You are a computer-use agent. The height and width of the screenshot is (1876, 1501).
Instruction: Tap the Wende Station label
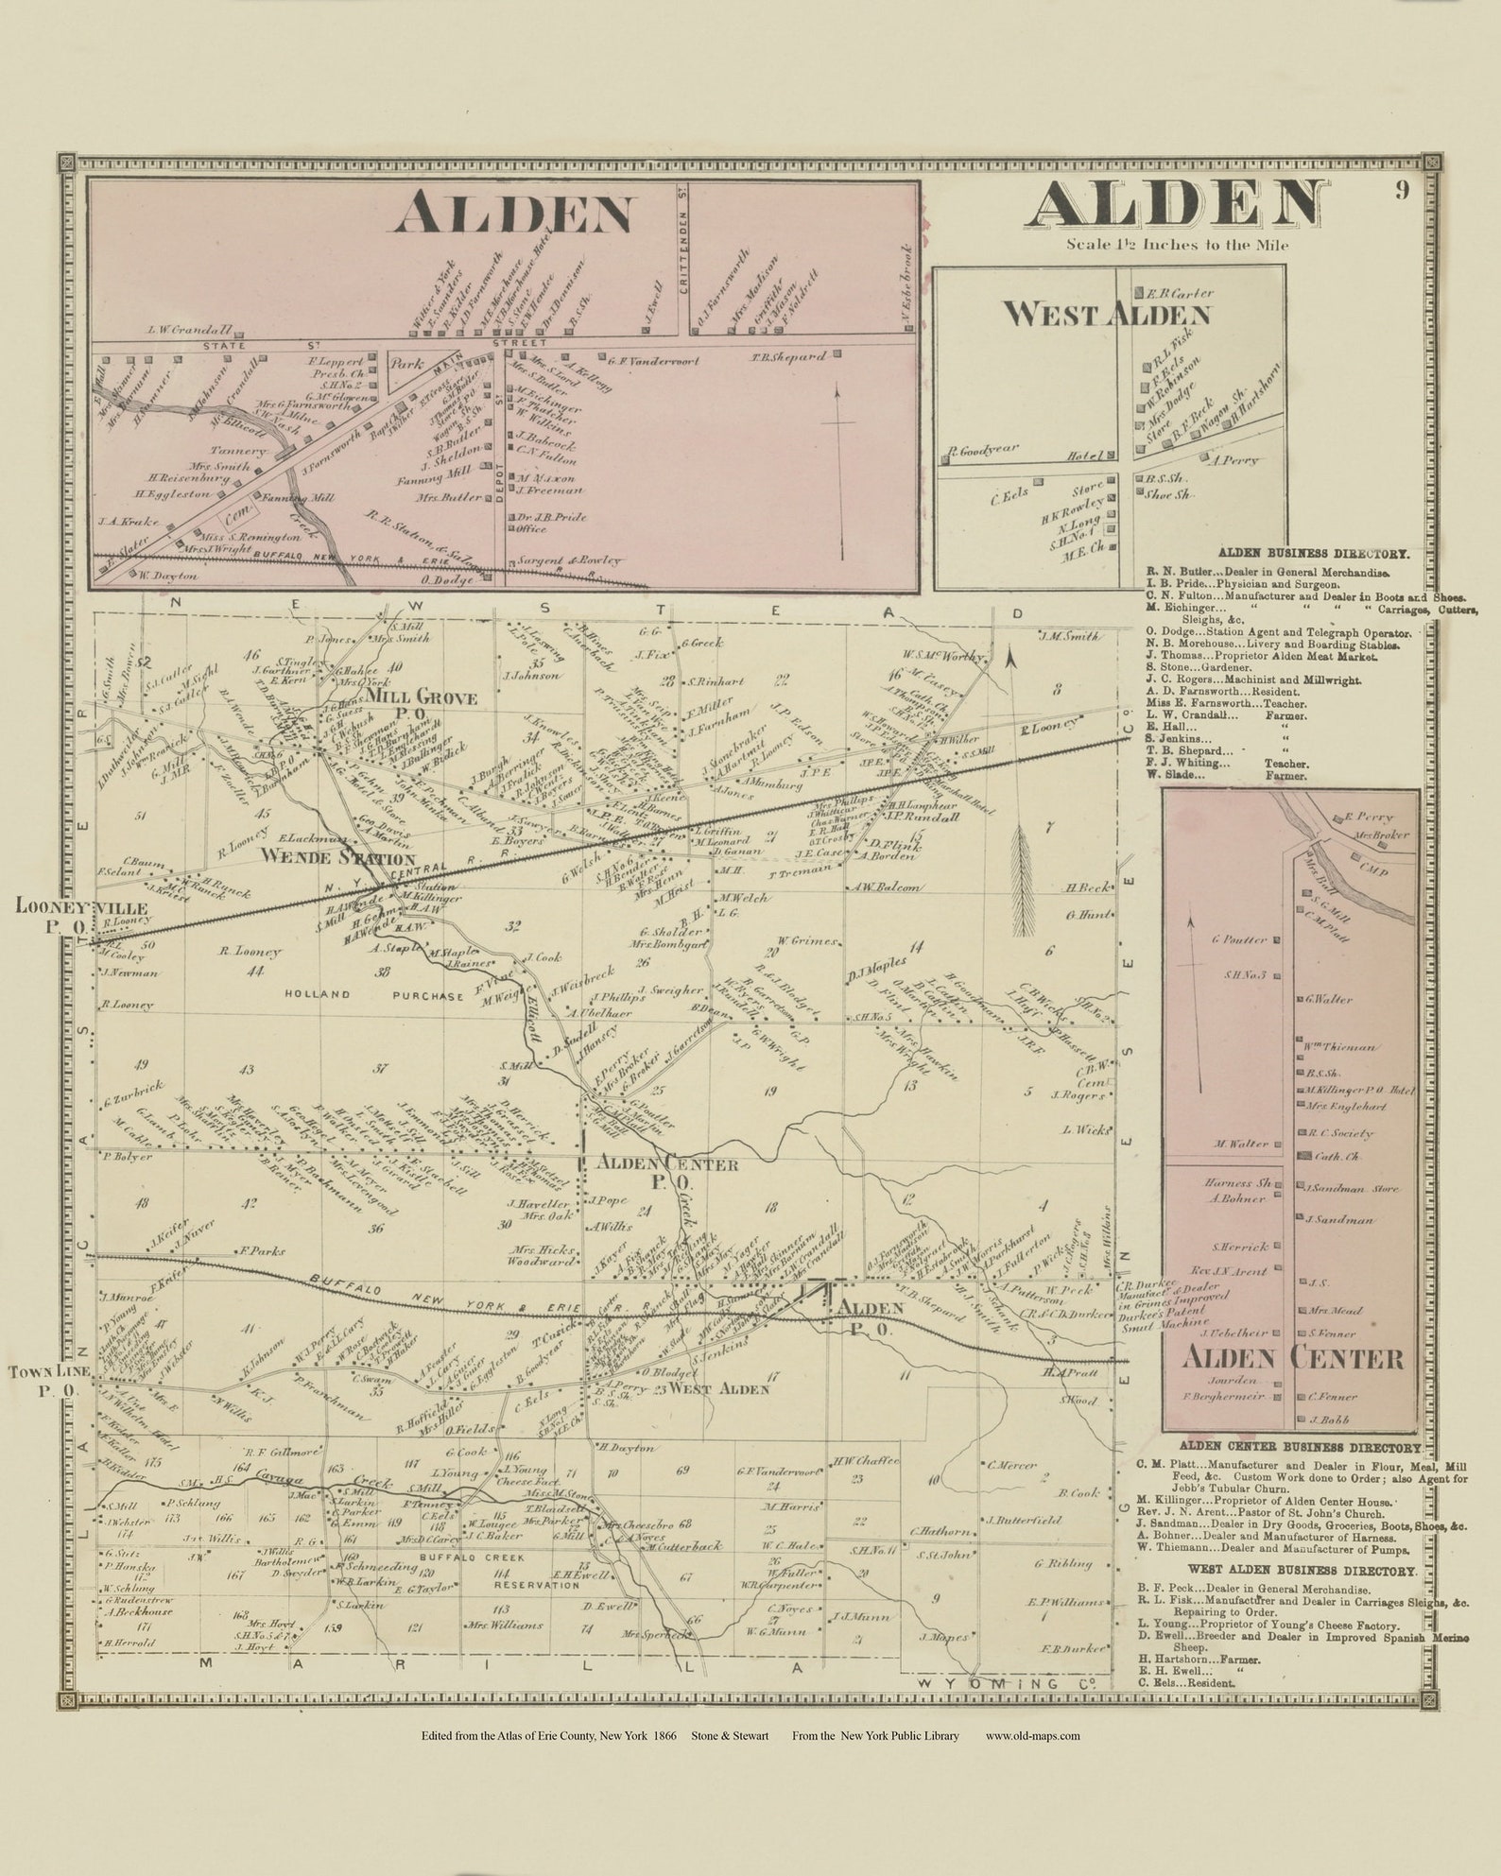[337, 859]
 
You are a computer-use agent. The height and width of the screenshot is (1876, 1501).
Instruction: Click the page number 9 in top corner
[1400, 191]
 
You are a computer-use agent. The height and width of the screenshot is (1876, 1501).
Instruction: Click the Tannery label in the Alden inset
[231, 451]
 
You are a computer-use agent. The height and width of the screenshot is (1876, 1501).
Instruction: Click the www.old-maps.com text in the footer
[1032, 1735]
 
